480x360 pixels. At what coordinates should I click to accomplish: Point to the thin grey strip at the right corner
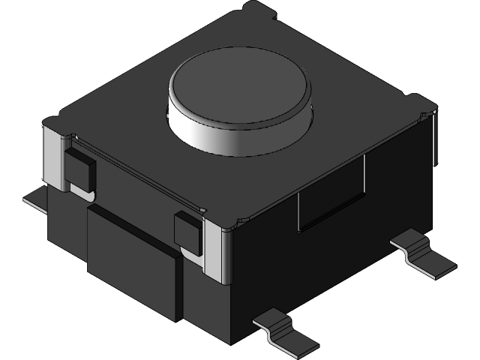[x=434, y=139]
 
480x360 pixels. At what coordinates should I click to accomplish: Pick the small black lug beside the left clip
[x=79, y=169]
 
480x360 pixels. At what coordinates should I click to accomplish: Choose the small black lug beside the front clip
[x=187, y=230]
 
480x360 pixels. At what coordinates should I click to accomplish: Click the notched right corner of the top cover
[x=420, y=105]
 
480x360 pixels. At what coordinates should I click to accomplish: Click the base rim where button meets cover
[x=240, y=154]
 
